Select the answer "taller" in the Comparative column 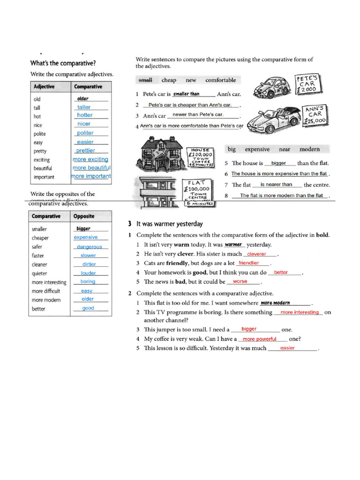click(x=84, y=107)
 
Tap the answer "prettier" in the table click(x=85, y=150)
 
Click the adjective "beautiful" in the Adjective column click(x=43, y=168)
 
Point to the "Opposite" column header click(x=84, y=217)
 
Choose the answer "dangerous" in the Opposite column click(x=90, y=247)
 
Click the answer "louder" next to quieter click(x=88, y=273)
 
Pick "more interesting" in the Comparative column click(x=49, y=282)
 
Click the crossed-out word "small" click(x=145, y=80)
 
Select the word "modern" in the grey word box click(x=309, y=150)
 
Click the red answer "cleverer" click(x=256, y=254)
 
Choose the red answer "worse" click(x=240, y=282)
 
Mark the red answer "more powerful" click(x=259, y=339)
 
